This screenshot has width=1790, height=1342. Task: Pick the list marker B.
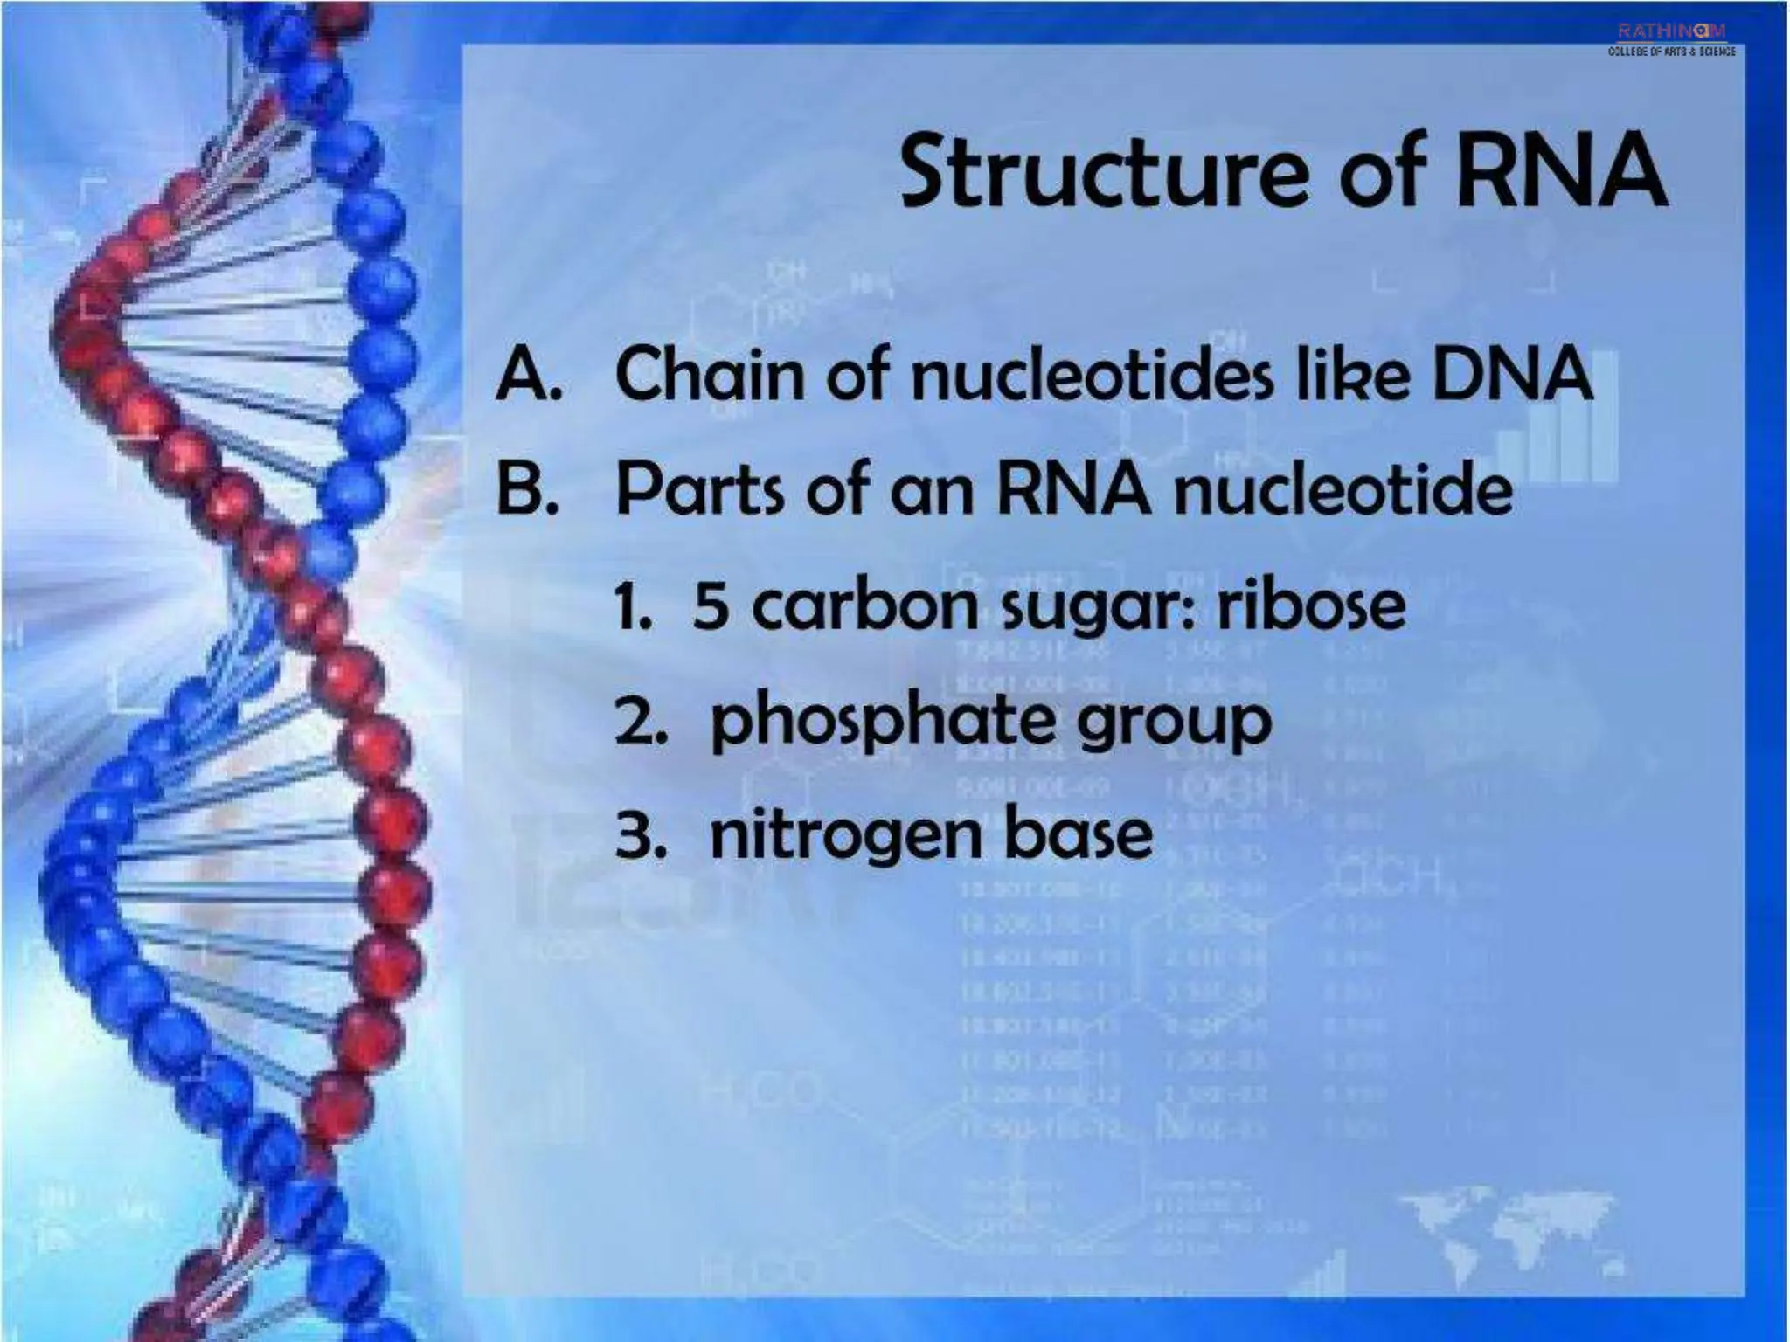(527, 488)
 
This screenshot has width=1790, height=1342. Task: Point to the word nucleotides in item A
(1093, 374)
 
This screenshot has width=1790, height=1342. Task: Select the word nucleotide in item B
(1342, 488)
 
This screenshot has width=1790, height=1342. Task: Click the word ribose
(1311, 605)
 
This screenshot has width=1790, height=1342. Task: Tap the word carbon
(864, 605)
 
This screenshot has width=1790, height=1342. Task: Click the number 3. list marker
(642, 835)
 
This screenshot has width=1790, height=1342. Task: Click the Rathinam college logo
(1671, 39)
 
